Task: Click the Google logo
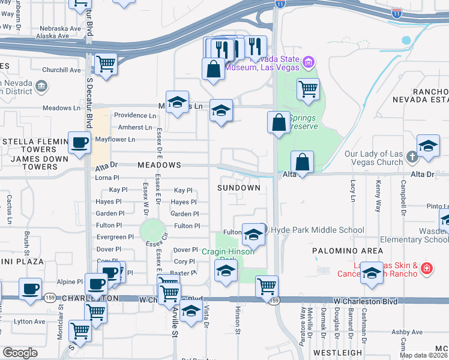20,352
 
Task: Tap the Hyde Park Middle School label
318,230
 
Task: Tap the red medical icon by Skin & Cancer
426,268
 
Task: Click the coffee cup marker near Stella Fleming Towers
80,143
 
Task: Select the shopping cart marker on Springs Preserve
308,89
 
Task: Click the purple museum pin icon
309,61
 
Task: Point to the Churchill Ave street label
61,70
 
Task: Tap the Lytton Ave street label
30,322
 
